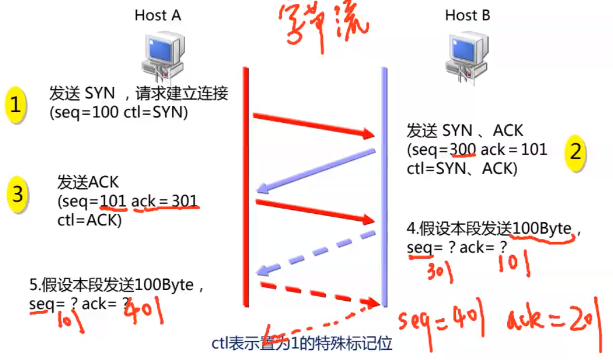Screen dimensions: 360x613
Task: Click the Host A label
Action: [x=157, y=15]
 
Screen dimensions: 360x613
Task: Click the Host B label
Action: [x=467, y=15]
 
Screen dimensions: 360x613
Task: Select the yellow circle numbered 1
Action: [x=16, y=105]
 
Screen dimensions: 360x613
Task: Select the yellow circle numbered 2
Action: [x=575, y=151]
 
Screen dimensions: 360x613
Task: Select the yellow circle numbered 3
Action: [x=17, y=195]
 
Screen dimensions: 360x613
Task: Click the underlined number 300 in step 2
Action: [x=462, y=150]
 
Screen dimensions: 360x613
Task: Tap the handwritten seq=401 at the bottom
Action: [x=441, y=321]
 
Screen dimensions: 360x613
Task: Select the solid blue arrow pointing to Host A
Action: [x=315, y=169]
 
